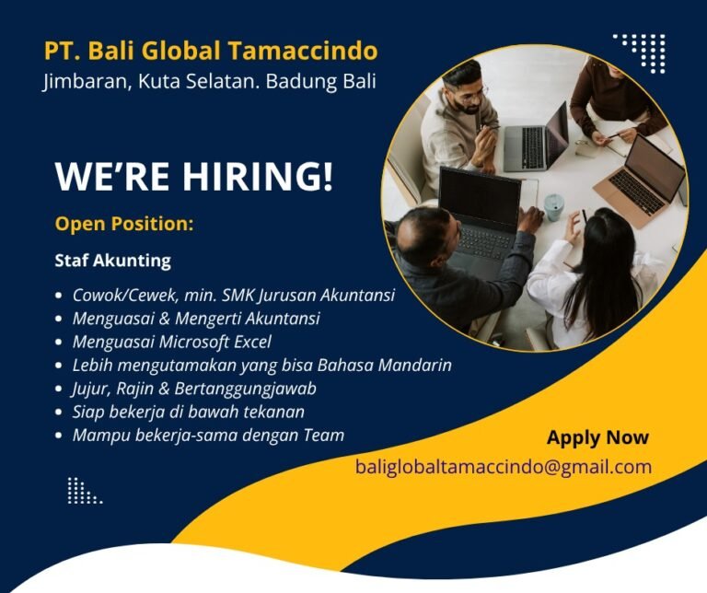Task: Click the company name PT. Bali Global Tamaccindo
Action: (210, 51)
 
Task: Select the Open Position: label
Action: (123, 224)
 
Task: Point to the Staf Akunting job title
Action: (112, 261)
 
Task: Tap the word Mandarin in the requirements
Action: (409, 366)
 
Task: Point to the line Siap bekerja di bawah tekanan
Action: (188, 412)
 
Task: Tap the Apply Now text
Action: (597, 437)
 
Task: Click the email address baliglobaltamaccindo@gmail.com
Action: (504, 467)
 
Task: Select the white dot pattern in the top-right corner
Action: (642, 51)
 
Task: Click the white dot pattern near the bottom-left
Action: (84, 492)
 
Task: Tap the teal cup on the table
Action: (553, 206)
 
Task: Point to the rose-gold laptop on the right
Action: (643, 180)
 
